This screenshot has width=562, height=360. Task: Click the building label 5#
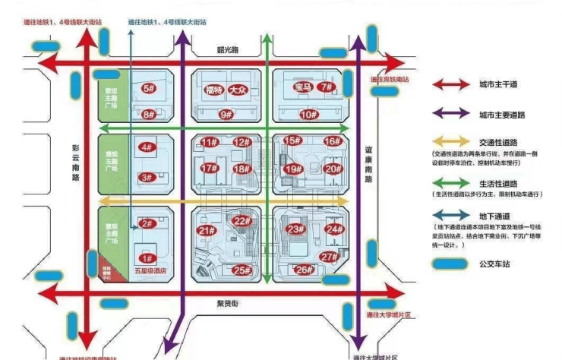click(149, 88)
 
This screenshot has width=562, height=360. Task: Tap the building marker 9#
click(226, 115)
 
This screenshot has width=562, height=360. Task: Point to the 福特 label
click(213, 89)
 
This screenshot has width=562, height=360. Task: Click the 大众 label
click(239, 89)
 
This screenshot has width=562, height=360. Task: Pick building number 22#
click(242, 221)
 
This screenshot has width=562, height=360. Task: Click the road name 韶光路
click(228, 49)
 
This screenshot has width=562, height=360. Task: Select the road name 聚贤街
click(226, 303)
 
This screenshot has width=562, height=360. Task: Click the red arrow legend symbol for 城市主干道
click(451, 84)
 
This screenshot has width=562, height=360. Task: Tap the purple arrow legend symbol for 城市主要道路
click(451, 115)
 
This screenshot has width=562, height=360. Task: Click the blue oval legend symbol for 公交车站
click(451, 264)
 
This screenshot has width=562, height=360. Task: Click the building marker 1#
click(149, 258)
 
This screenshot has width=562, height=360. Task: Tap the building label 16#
click(332, 141)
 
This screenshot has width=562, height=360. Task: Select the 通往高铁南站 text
click(390, 79)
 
